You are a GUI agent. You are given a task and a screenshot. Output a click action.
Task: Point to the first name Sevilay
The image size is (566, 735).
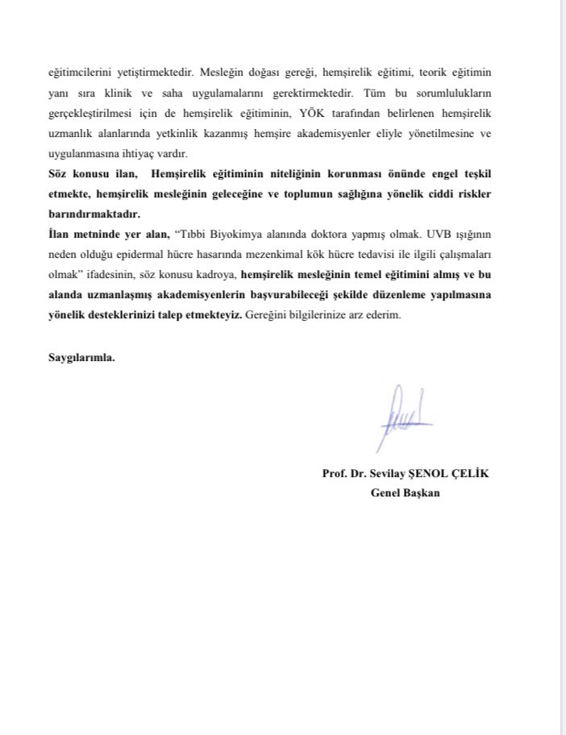tap(390, 474)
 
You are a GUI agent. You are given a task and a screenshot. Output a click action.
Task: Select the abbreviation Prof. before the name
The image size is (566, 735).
tap(335, 474)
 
